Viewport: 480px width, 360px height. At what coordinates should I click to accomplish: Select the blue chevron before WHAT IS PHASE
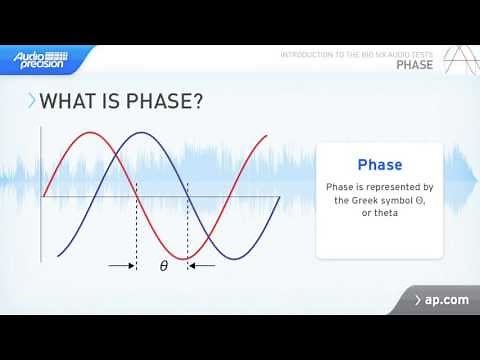pyautogui.click(x=32, y=101)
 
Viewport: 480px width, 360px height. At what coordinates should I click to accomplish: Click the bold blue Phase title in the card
pyautogui.click(x=379, y=165)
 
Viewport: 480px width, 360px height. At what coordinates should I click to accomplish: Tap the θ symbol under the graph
pyautogui.click(x=163, y=266)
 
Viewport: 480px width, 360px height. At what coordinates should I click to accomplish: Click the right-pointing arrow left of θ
pyautogui.click(x=122, y=266)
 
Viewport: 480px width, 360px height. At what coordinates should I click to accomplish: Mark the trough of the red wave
pyautogui.click(x=187, y=259)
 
